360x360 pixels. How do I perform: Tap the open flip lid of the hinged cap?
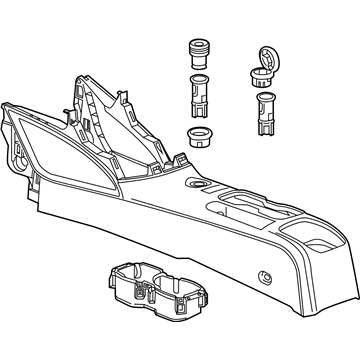tap(267, 59)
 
